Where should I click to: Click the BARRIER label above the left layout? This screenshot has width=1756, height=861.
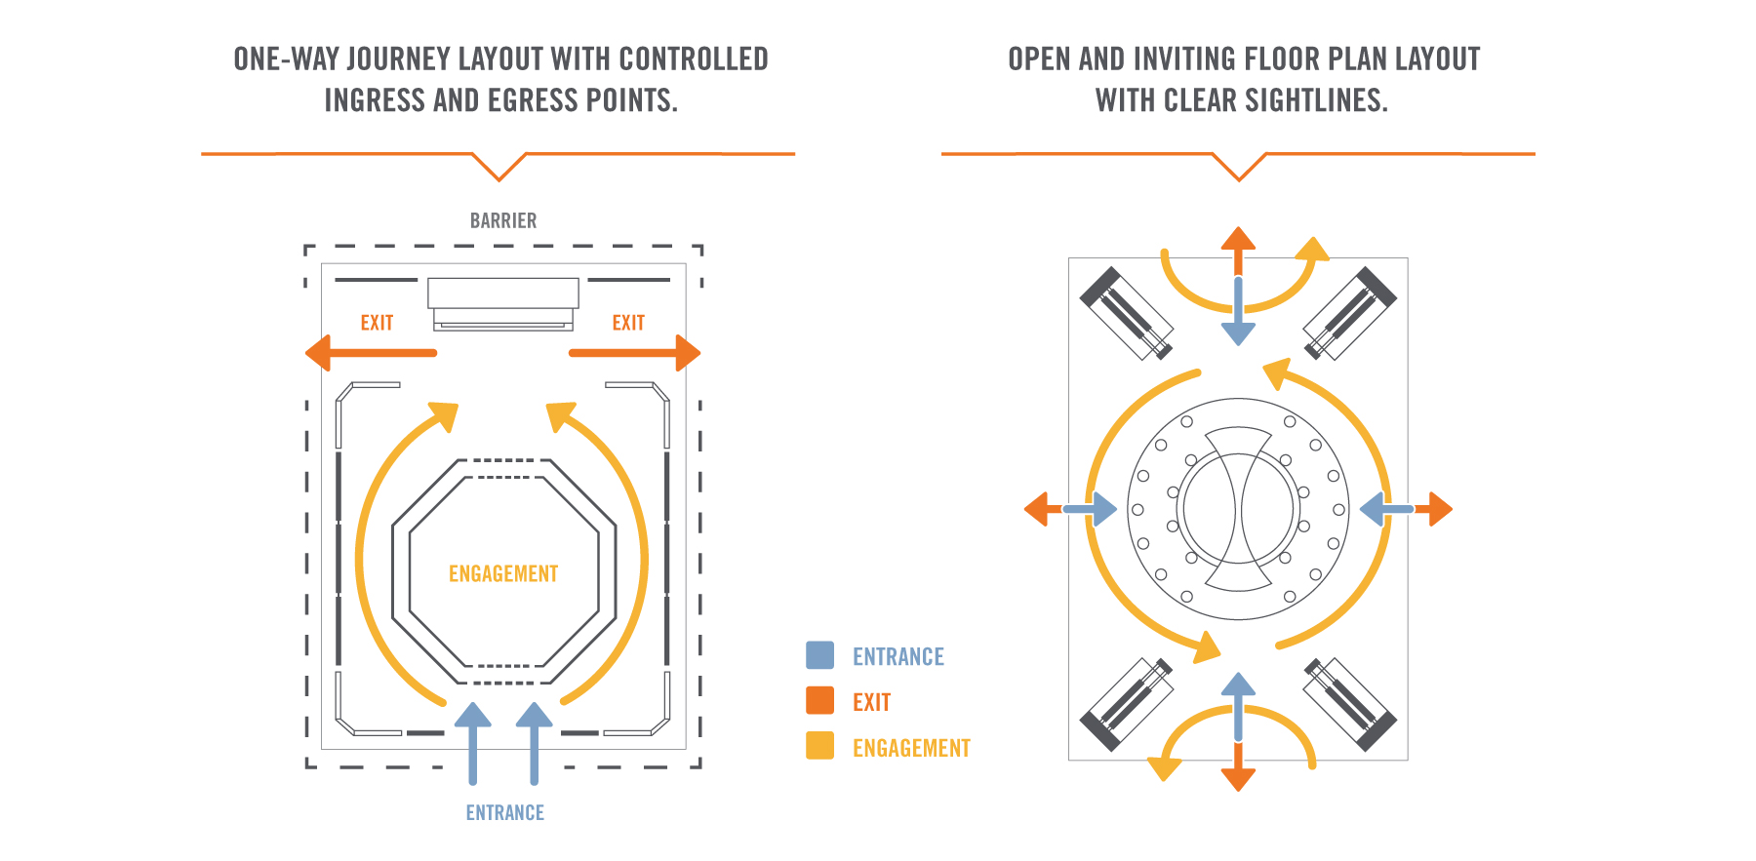coord(503,221)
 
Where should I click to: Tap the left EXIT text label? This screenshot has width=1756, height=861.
coord(377,323)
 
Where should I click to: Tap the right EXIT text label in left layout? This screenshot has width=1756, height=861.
coord(628,323)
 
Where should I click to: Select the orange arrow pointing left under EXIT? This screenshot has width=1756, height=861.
coord(370,353)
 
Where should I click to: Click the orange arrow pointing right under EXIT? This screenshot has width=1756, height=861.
coord(635,353)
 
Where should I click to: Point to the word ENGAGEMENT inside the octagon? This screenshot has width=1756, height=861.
coord(503,574)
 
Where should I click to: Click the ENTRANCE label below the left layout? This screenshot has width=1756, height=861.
coord(504,813)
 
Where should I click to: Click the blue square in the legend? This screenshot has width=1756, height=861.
coord(820,655)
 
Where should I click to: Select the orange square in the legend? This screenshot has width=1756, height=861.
coord(820,701)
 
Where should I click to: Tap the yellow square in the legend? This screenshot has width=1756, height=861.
coord(820,746)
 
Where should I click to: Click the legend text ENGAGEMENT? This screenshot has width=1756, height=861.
coord(911,748)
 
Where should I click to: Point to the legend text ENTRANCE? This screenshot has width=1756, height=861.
coord(898,657)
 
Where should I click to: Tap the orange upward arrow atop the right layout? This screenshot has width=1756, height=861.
coord(1238,248)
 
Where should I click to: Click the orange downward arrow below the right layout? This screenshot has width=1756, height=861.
coord(1238,770)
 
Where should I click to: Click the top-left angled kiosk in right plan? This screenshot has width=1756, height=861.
coord(1127,313)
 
